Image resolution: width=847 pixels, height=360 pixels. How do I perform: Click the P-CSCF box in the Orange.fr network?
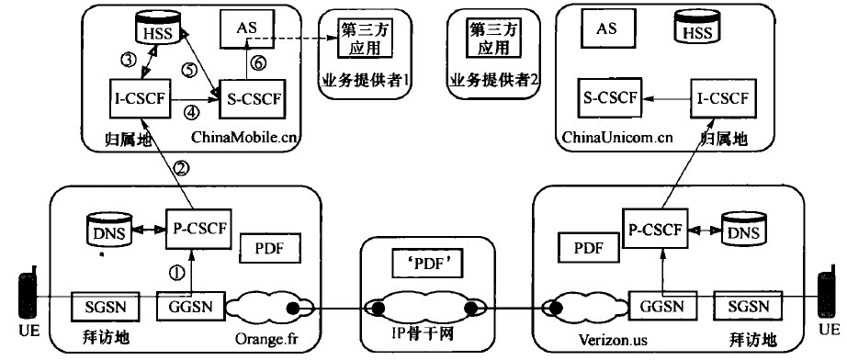pyautogui.click(x=196, y=227)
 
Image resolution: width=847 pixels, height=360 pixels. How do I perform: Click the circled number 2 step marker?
pyautogui.click(x=181, y=168)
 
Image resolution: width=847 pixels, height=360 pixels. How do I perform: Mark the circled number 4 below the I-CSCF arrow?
pyautogui.click(x=192, y=115)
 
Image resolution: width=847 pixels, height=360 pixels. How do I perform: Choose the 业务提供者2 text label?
pyautogui.click(x=493, y=80)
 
